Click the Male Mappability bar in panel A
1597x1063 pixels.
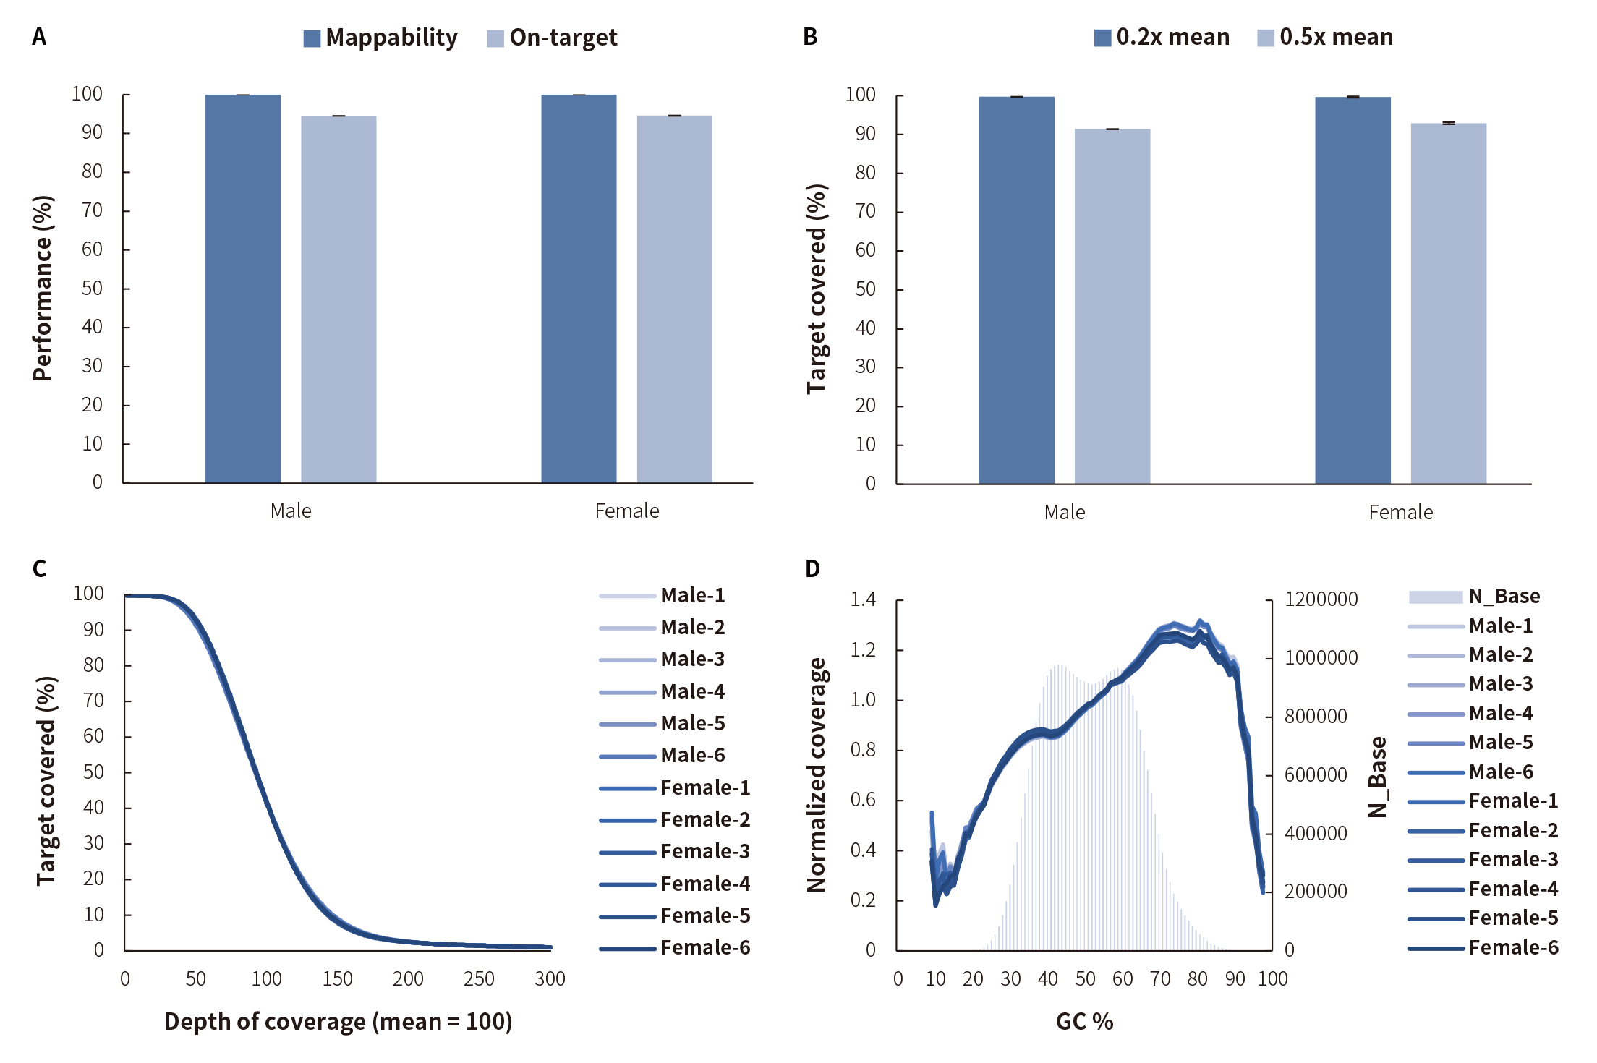(x=242, y=289)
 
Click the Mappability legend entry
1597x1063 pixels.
(x=380, y=38)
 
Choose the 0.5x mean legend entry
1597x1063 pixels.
(x=1325, y=38)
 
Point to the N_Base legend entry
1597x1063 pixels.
(x=1475, y=597)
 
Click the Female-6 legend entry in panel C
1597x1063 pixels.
(x=676, y=947)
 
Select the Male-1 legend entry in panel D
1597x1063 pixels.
(x=1471, y=626)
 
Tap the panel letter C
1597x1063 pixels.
(x=39, y=569)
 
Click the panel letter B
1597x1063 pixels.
(x=810, y=37)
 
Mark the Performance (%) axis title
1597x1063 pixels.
(x=43, y=288)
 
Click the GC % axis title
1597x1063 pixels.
(x=1084, y=1021)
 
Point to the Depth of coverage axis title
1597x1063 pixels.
(x=338, y=1021)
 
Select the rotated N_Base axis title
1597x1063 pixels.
(x=1378, y=777)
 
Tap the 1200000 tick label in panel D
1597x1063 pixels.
(x=1321, y=599)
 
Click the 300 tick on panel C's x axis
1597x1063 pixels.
(x=550, y=979)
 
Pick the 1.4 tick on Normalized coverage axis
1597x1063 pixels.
(x=863, y=599)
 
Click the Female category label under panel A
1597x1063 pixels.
(x=627, y=511)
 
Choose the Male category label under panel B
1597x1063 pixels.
(x=1065, y=513)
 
